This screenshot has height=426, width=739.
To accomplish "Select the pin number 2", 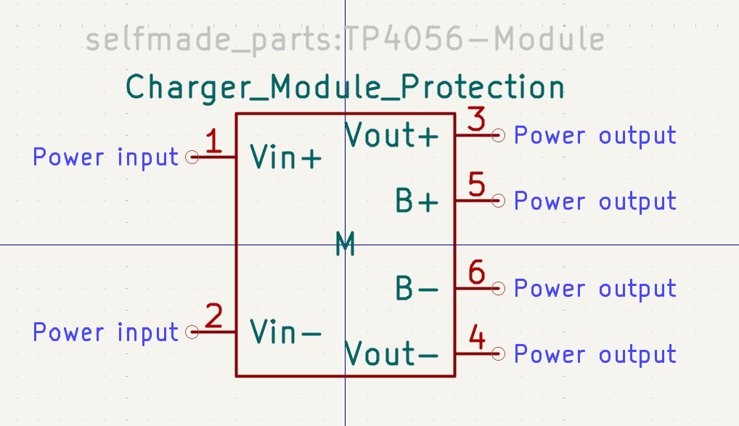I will (x=213, y=317).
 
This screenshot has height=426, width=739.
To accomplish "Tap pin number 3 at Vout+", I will (x=476, y=120).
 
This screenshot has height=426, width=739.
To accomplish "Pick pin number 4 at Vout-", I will (x=477, y=338).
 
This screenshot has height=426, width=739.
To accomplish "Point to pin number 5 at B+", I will (x=476, y=184).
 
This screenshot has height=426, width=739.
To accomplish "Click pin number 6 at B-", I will (x=476, y=273).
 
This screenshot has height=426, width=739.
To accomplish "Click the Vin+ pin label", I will (x=285, y=157).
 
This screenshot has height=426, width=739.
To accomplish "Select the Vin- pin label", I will (x=285, y=332).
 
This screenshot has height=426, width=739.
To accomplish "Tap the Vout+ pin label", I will (x=392, y=135).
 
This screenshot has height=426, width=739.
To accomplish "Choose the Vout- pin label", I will (x=392, y=354).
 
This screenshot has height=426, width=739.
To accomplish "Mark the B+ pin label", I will (x=417, y=201).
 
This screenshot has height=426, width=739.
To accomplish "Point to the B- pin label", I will (x=417, y=289).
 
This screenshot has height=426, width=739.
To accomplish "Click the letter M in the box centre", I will (x=346, y=245).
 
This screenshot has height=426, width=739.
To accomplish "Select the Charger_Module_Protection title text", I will (x=346, y=87).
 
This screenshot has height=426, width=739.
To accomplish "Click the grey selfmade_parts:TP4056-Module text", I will (x=346, y=39).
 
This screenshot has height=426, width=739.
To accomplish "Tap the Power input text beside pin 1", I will (x=105, y=157).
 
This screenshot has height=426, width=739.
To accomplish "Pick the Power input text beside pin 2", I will (x=105, y=332).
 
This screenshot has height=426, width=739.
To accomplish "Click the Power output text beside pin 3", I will (x=595, y=135).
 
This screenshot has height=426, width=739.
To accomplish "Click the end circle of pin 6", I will (x=498, y=289).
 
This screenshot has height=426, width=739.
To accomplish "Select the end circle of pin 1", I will (x=192, y=157).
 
